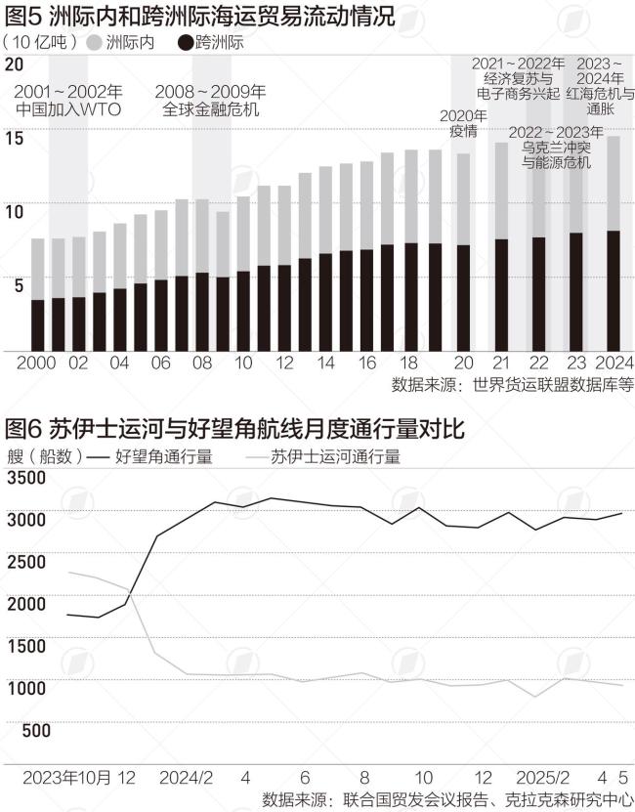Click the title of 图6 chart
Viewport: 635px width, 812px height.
(x=234, y=429)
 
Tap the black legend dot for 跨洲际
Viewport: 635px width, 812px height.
(x=185, y=42)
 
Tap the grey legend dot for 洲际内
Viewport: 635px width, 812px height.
(x=95, y=42)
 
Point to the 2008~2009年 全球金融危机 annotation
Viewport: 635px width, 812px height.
(x=211, y=101)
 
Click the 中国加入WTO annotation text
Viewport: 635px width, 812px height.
(x=68, y=109)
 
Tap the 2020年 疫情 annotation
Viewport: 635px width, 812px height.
(x=463, y=123)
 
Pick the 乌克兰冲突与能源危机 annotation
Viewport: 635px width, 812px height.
(x=556, y=154)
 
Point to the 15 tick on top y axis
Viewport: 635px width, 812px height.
(x=14, y=138)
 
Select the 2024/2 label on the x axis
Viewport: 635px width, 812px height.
(x=186, y=778)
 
